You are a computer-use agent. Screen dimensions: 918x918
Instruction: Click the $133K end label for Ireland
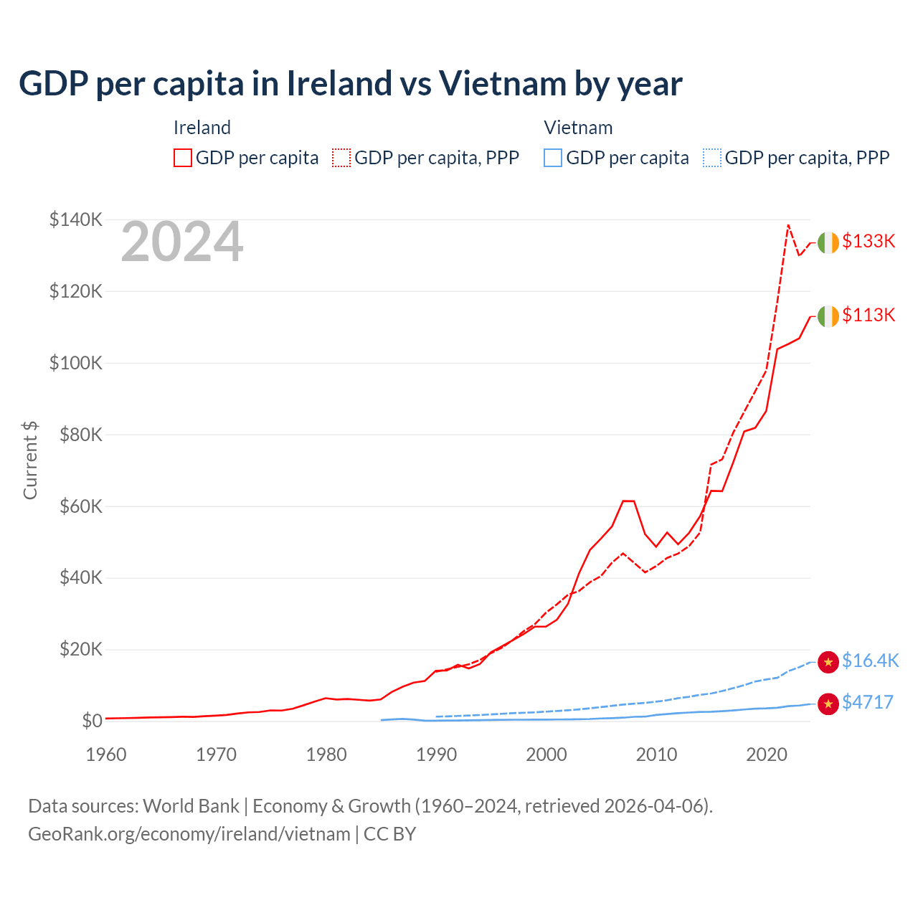[x=869, y=242]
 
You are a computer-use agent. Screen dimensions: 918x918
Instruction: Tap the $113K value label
[x=869, y=316]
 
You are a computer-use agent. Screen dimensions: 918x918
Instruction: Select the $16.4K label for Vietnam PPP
[x=870, y=661]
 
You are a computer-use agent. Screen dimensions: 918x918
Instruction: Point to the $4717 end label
[x=868, y=703]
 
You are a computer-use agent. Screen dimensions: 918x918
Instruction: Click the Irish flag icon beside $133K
[x=828, y=243]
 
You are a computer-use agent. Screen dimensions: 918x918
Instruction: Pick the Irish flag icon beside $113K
[x=828, y=316]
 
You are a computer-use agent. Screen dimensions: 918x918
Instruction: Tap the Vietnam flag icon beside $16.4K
[x=828, y=662]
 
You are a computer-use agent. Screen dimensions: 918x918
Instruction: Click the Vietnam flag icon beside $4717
[x=828, y=704]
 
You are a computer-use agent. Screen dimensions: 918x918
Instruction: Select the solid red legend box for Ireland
[x=183, y=158]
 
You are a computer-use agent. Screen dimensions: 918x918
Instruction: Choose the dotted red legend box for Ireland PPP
[x=341, y=158]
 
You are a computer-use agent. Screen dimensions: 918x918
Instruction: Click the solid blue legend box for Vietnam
[x=553, y=158]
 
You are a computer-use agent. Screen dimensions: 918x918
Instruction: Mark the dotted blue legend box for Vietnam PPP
[x=712, y=158]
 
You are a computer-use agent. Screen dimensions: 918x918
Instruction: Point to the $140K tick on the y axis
[x=76, y=220]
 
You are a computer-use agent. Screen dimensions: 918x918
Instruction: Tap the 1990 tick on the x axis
[x=436, y=754]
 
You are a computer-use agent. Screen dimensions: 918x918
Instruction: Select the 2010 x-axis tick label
[x=656, y=754]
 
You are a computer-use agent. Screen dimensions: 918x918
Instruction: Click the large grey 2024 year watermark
[x=182, y=242]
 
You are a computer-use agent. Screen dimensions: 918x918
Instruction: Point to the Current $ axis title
[x=30, y=460]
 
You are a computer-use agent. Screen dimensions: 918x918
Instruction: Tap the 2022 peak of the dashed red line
[x=788, y=225]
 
